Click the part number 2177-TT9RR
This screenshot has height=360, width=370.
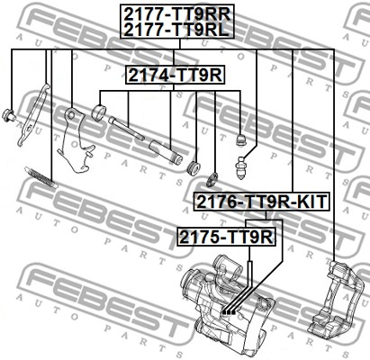click(x=177, y=13)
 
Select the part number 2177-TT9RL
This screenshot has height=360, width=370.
click(x=176, y=30)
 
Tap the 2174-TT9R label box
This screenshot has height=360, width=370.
click(x=176, y=75)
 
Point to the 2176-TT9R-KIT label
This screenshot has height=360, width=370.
click(x=261, y=202)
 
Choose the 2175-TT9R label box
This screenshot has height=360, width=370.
click(x=226, y=237)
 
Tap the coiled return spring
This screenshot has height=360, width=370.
click(x=41, y=177)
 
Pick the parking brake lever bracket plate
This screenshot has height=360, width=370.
click(x=76, y=141)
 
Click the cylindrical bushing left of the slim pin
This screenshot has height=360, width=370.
click(x=98, y=112)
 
